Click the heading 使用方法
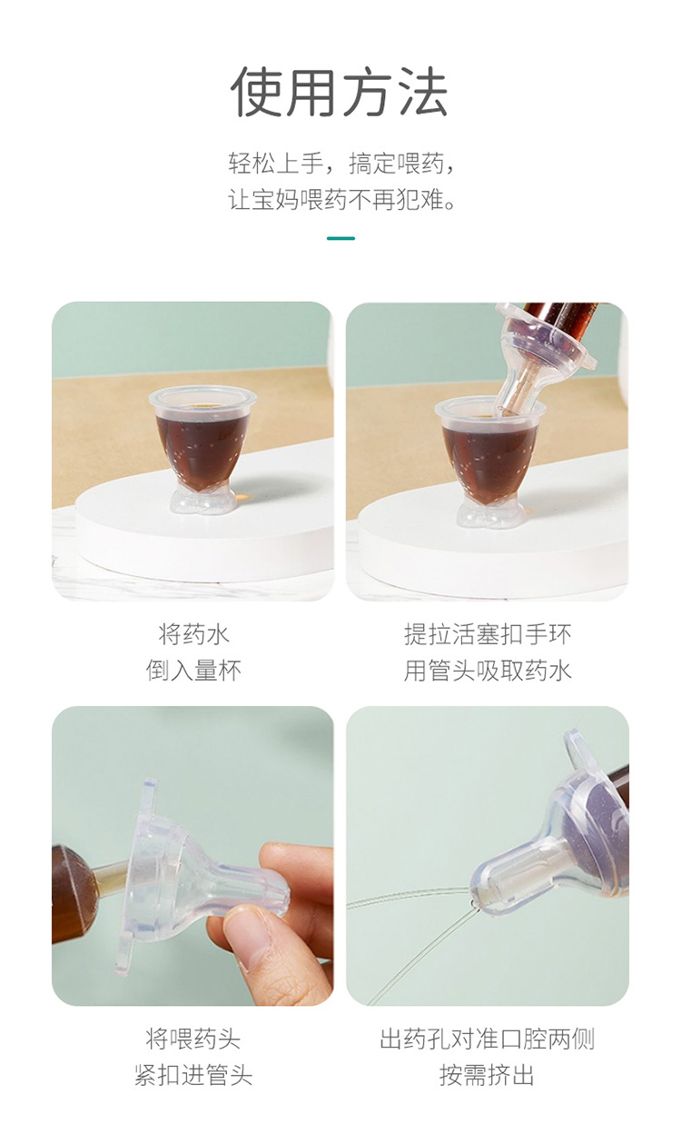[x=340, y=92]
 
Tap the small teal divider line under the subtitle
[x=340, y=238]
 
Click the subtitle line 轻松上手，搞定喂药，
[x=340, y=164]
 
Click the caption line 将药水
[x=193, y=633]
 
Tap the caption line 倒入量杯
[x=193, y=671]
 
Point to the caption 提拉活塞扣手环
[x=488, y=633]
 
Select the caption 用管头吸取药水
[x=488, y=671]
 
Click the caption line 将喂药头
[x=193, y=1039]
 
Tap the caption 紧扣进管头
[x=193, y=1076]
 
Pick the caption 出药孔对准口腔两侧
[x=488, y=1039]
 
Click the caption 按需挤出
[x=488, y=1076]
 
